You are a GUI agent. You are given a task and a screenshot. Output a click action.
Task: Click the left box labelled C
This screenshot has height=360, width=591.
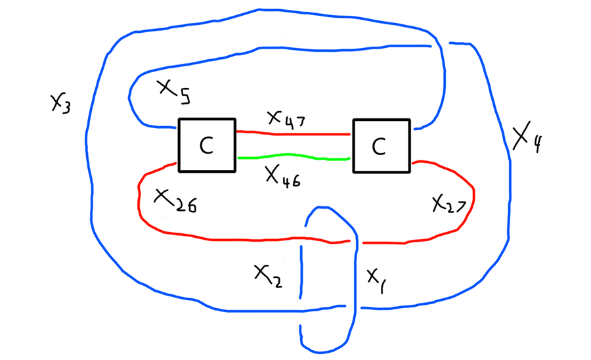coord(206,145)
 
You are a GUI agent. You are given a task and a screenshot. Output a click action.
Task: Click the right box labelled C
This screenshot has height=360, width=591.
coord(381,145)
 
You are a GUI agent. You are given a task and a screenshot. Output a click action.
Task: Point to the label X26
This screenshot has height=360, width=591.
coord(174,200)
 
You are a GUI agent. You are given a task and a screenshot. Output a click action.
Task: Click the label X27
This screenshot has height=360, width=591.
coord(449,206)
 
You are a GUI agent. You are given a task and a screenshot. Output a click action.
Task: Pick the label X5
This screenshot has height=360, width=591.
coord(172,91)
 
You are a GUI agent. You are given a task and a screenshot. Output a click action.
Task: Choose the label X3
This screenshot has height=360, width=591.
coord(60,101)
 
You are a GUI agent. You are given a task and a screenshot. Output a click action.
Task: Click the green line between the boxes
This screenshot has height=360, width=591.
coord(294,158)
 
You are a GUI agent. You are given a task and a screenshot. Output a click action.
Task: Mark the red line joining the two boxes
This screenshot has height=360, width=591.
coord(293,134)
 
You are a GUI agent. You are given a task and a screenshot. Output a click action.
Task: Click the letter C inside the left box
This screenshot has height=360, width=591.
coord(206,146)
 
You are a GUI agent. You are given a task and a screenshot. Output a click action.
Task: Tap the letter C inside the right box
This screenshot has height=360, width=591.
coord(379,146)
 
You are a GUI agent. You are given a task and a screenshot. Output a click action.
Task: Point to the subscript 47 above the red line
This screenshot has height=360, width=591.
coord(294,121)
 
